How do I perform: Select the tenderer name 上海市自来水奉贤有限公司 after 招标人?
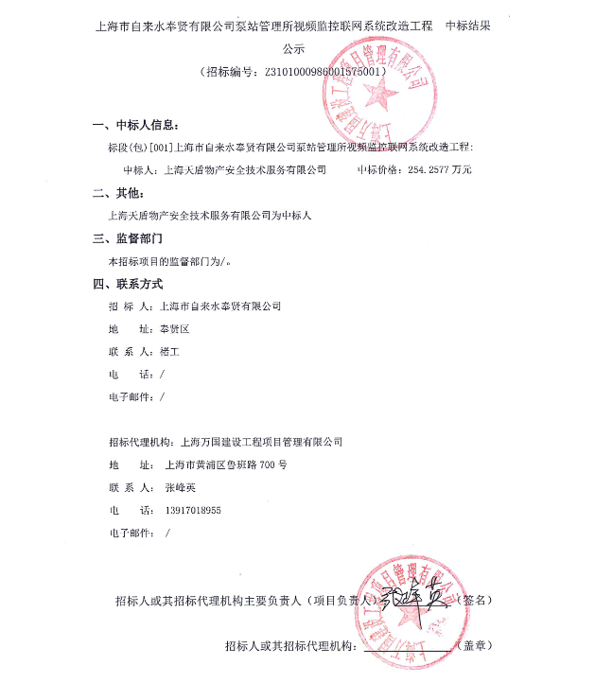click(222, 306)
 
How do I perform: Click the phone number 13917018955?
click(192, 510)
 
